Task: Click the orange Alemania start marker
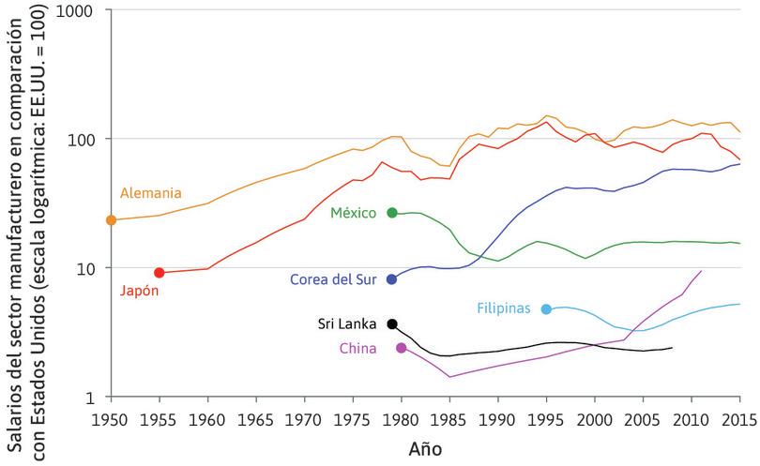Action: [111, 220]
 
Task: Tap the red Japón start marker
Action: [160, 273]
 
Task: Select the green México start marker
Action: [392, 213]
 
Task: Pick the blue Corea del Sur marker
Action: [392, 279]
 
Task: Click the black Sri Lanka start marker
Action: [392, 323]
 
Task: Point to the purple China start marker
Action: [402, 348]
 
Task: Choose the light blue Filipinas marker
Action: [546, 308]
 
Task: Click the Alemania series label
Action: [150, 193]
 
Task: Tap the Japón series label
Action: [139, 291]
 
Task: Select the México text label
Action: [353, 213]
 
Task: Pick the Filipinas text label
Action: [504, 308]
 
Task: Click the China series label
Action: [358, 349]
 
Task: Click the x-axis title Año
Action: [425, 449]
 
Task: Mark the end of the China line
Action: [701, 271]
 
